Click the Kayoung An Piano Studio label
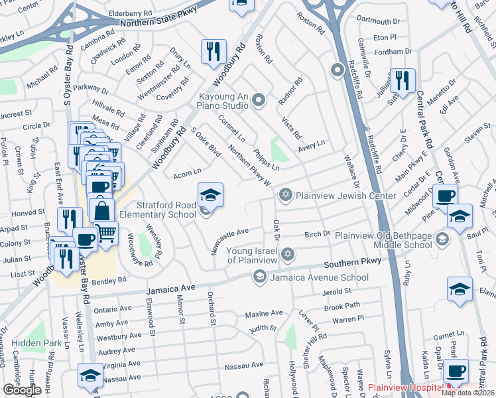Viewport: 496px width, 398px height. coord(212,101)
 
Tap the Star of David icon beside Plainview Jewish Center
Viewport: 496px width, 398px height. coord(286,194)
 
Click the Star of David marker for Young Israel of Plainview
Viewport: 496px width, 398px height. coord(287,255)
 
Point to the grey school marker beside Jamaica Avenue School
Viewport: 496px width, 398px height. coord(259,277)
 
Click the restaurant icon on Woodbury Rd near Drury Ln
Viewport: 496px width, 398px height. coord(214,51)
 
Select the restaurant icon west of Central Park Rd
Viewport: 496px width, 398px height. coord(403,80)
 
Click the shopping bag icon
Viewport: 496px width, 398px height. coord(102,211)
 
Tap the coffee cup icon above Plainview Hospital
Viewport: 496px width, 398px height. coord(455,371)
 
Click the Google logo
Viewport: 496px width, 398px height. coord(21,390)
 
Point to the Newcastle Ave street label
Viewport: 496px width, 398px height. coord(229,233)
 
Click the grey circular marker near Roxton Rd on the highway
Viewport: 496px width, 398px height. coord(338,69)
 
